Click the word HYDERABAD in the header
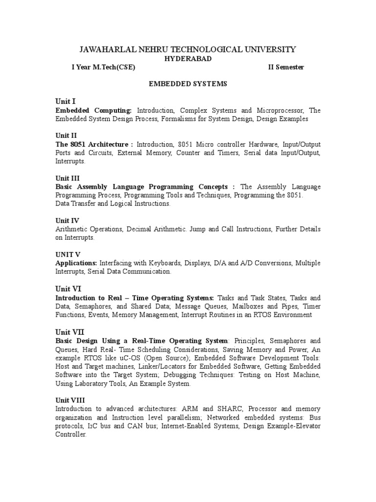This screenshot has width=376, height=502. click(x=188, y=58)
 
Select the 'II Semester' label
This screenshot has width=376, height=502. click(x=286, y=67)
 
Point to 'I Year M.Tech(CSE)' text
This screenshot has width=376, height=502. click(x=103, y=67)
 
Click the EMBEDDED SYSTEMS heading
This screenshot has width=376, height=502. click(x=188, y=84)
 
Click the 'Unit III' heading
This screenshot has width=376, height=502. click(x=68, y=178)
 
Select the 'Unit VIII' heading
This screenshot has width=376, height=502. click(x=70, y=400)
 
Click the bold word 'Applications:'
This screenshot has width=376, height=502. click(x=76, y=263)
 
